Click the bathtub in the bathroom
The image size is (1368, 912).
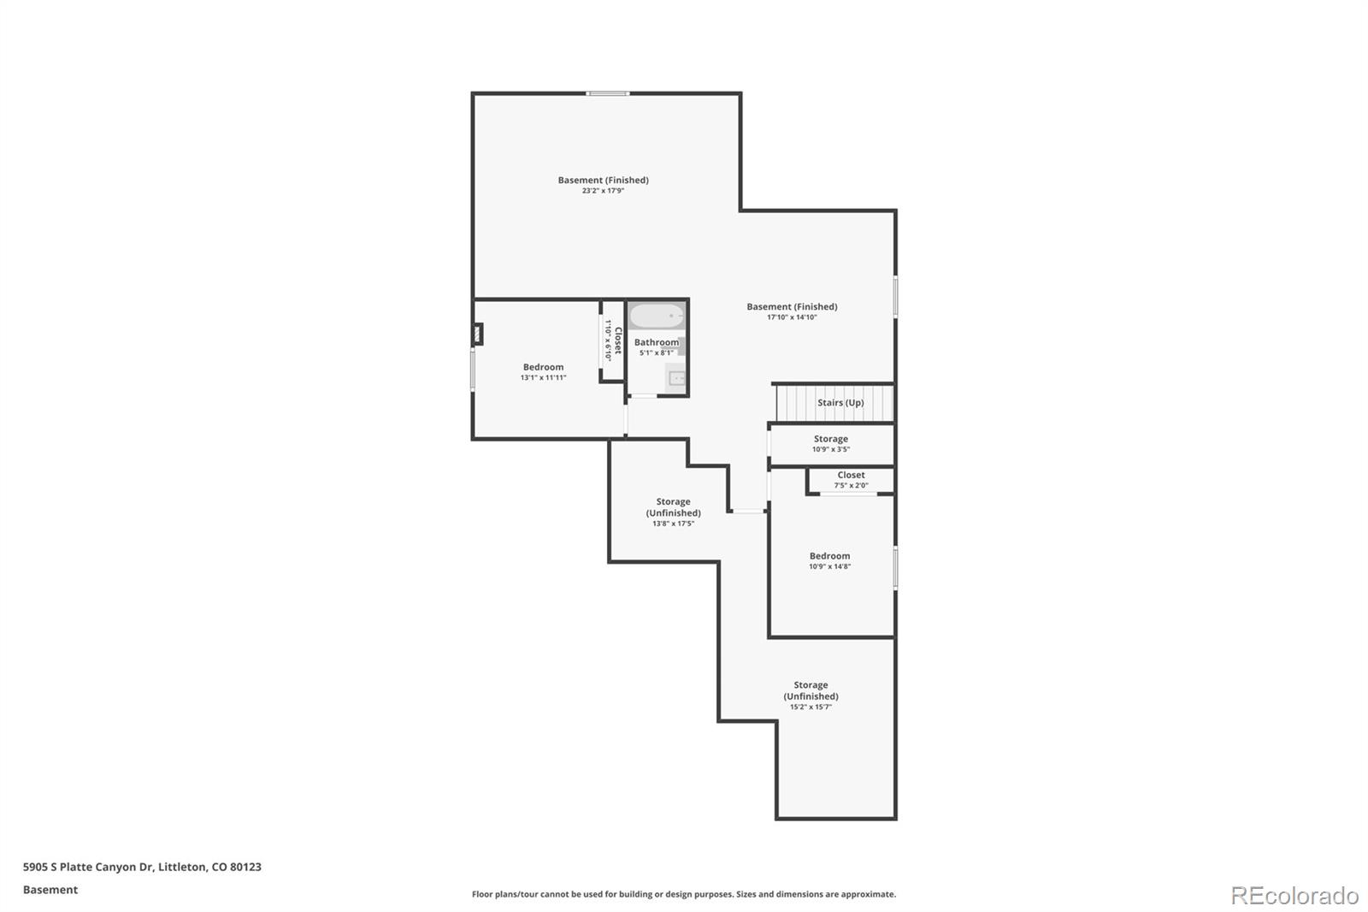[x=657, y=316]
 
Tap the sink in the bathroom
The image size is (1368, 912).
[x=676, y=378]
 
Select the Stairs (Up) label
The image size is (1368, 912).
[x=840, y=402]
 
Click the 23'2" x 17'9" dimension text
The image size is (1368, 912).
[x=603, y=191]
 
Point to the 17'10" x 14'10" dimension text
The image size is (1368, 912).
[x=792, y=317]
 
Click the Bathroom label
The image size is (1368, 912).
[x=656, y=342]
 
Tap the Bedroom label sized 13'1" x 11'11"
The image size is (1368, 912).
[x=543, y=367]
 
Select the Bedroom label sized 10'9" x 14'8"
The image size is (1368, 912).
[x=829, y=555]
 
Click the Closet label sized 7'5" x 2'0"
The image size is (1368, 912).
[x=851, y=475]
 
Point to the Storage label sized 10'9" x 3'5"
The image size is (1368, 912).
[x=830, y=439]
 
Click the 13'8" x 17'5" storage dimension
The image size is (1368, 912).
[x=673, y=524]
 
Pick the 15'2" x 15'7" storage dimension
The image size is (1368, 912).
[x=811, y=708]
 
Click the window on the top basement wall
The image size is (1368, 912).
[x=608, y=93]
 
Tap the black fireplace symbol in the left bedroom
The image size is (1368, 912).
[x=478, y=335]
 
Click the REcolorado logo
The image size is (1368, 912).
[x=1294, y=896]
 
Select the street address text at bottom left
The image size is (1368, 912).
[x=142, y=867]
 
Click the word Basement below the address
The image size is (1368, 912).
[x=50, y=890]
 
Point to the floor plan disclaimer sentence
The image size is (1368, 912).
[x=684, y=894]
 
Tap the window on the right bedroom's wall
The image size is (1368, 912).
[x=895, y=568]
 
